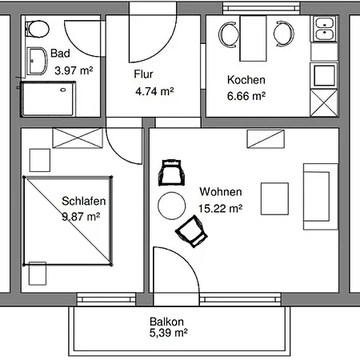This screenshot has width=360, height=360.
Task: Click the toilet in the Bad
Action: pos(38,29)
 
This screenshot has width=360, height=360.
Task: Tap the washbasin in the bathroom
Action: pos(37,62)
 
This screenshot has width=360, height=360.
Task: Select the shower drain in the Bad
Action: pos(63,90)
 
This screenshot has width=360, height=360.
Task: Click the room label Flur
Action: pos(143,74)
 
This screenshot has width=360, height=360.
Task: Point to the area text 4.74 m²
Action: pos(154,91)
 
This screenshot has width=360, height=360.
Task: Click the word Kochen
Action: pos(246,80)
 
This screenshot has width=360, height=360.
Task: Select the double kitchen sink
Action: pos(324,29)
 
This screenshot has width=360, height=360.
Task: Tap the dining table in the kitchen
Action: pos(253,38)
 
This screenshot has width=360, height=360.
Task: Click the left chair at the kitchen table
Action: pos(228,34)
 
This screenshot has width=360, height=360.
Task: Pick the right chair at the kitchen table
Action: pos(284,34)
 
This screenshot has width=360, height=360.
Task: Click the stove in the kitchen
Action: pos(324,75)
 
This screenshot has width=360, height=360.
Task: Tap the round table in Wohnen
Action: pos(171,206)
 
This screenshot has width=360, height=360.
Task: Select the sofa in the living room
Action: pos(321,197)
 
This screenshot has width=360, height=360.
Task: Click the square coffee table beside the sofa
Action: pos(274,198)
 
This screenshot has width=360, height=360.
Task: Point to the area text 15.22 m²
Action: pos(221,208)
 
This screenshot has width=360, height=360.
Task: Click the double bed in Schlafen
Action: pos(67,221)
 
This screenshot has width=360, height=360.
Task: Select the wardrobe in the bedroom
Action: pos(78,138)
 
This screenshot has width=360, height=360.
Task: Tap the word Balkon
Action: pos(166,322)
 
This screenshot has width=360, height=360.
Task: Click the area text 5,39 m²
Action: pos(169,333)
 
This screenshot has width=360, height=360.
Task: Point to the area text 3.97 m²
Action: pos(74,70)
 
